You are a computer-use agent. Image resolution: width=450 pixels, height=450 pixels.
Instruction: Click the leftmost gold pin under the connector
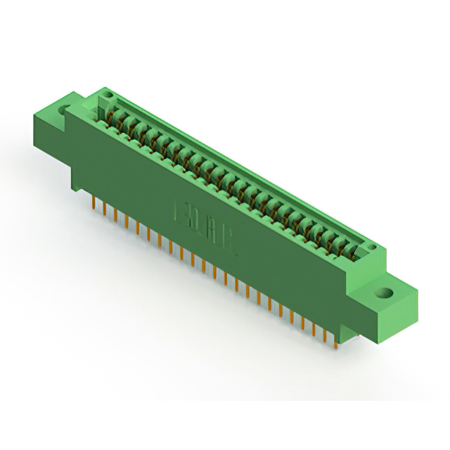94,202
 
